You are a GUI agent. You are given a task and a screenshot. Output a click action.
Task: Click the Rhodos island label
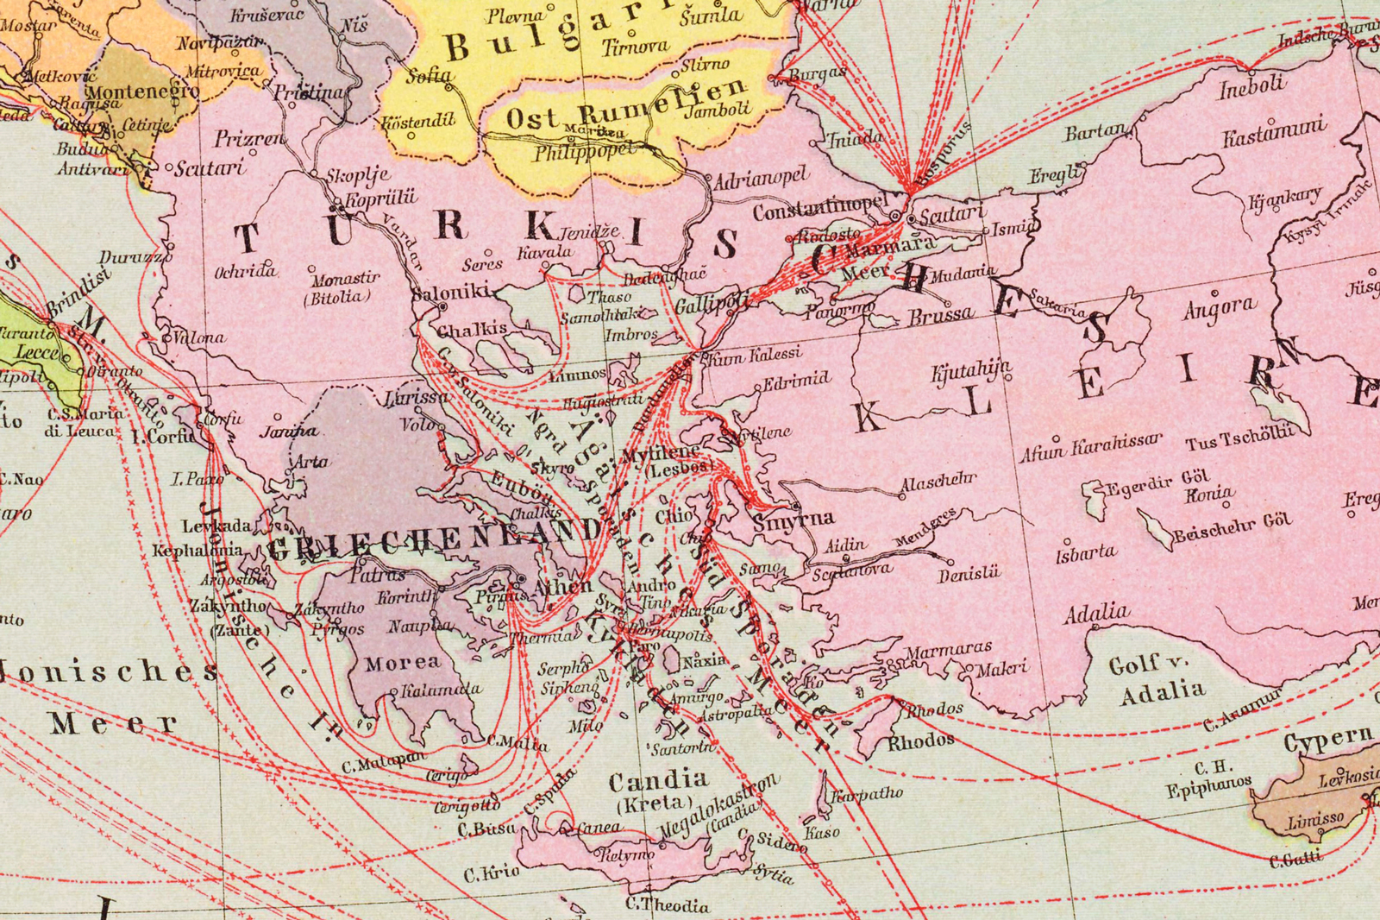coord(920,740)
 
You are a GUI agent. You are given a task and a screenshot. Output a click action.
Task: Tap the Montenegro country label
coord(142,91)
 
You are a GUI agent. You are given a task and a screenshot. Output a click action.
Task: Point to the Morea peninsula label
coord(402,663)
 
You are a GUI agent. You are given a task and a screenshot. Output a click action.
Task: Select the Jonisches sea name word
coord(108,671)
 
